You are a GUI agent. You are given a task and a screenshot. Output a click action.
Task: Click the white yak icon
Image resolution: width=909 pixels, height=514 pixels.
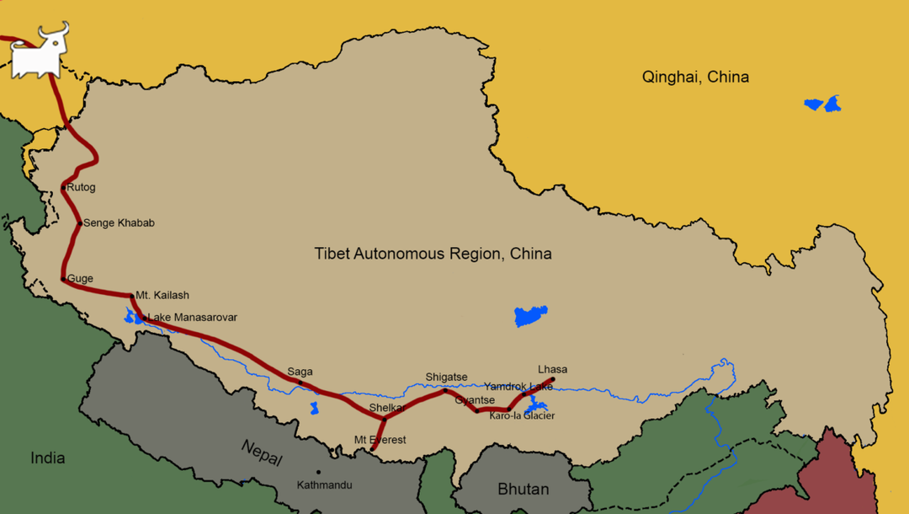[x=38, y=54]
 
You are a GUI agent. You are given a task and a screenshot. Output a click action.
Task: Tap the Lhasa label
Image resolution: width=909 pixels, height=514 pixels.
[x=552, y=369]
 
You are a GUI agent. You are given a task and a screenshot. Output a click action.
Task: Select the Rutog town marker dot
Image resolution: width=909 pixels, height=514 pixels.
[x=64, y=188]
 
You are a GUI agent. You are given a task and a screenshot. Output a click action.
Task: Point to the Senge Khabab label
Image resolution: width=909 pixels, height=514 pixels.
[x=119, y=223]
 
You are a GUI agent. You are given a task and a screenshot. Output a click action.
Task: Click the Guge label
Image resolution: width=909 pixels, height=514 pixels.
[x=80, y=279]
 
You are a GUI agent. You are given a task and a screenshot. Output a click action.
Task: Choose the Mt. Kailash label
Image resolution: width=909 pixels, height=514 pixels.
[x=162, y=296]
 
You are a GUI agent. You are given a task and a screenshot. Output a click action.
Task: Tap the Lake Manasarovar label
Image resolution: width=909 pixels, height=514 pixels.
[x=193, y=318]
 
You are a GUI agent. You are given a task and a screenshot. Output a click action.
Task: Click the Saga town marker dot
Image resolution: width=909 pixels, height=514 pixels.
[x=300, y=383]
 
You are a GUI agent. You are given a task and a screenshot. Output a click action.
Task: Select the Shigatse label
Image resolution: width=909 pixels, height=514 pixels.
[x=446, y=377]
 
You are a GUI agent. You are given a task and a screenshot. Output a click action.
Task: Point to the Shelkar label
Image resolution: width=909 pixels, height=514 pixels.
[x=388, y=408]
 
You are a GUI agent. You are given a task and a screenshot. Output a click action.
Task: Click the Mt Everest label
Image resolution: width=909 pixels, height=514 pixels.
[x=380, y=440]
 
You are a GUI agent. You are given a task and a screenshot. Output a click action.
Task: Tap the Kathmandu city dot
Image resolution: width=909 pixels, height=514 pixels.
[x=318, y=472]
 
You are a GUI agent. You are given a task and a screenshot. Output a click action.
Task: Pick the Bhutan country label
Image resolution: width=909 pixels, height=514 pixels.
[x=523, y=489]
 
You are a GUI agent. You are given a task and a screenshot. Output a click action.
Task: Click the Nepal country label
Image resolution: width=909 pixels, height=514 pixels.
[x=261, y=452]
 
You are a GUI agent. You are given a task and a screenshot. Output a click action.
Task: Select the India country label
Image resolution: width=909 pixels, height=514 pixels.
[x=47, y=458]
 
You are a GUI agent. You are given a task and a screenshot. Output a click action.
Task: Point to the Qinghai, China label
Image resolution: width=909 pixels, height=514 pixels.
[x=695, y=78]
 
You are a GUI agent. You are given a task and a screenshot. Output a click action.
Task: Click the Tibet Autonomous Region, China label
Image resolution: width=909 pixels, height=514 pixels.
[x=433, y=254]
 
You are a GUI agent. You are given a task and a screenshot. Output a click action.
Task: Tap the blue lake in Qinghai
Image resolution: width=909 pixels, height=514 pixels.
[x=822, y=104]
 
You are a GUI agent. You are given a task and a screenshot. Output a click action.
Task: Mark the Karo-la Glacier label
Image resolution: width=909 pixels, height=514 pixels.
[x=522, y=415]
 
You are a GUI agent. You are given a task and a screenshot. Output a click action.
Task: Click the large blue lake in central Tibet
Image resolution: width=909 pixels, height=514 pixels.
[x=530, y=317]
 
